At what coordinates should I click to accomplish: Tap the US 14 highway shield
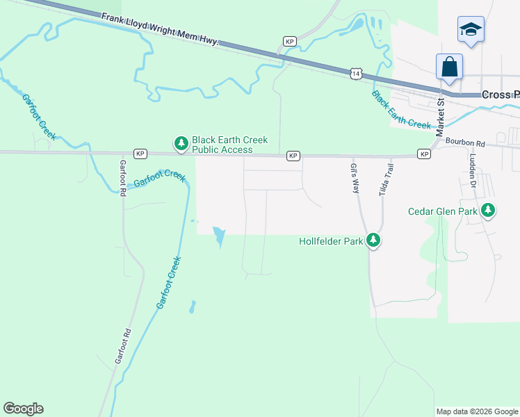tap(357, 73)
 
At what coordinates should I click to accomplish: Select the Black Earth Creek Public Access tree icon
tap(181, 144)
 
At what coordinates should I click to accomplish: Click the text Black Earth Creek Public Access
tap(229, 145)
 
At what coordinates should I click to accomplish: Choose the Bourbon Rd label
tap(465, 142)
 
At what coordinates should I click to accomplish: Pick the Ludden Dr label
tap(471, 176)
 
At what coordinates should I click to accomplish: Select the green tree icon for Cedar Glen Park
tap(488, 209)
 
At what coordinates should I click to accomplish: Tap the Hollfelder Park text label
tap(332, 242)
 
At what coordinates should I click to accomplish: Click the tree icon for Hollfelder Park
tap(374, 240)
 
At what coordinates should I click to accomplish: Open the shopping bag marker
tap(449, 67)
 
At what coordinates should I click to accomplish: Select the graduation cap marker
tap(471, 30)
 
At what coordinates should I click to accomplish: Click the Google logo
tap(23, 409)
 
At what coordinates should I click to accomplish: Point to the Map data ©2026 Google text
tap(477, 411)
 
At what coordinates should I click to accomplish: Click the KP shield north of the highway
tap(290, 42)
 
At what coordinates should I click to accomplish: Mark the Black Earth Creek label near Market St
tap(401, 110)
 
